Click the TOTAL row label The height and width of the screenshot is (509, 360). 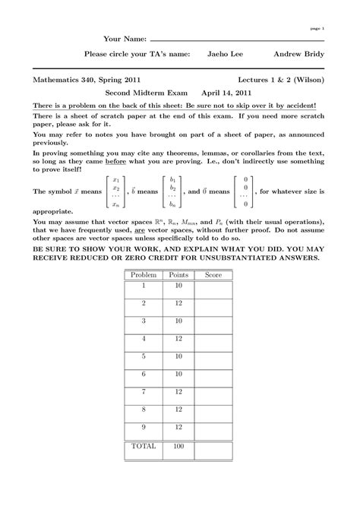(143, 447)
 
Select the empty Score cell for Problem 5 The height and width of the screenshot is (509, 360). (216, 357)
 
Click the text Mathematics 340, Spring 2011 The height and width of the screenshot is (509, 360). (85, 78)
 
